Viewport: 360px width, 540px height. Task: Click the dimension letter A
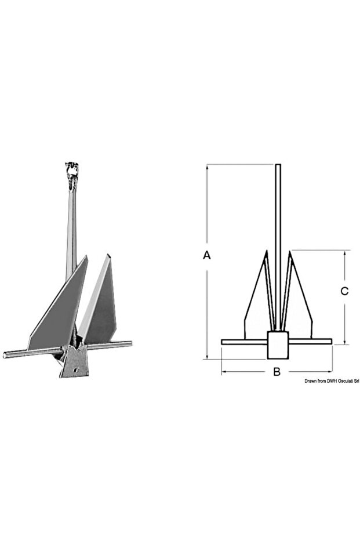point(207,255)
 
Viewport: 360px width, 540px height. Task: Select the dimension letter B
point(277,372)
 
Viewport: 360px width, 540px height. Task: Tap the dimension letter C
point(344,292)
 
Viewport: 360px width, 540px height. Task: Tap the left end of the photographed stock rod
point(6,355)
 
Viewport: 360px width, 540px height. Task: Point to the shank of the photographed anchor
point(71,226)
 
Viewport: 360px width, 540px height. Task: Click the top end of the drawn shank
point(278,166)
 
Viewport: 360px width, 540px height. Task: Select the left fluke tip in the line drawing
point(266,252)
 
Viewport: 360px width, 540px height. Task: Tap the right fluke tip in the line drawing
point(290,252)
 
